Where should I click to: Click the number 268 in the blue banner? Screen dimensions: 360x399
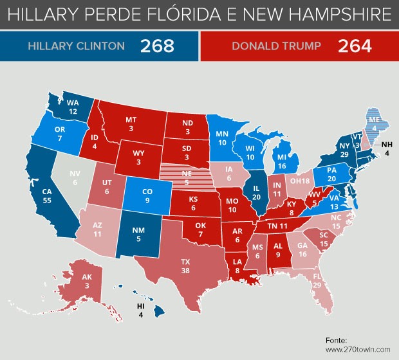point(158,46)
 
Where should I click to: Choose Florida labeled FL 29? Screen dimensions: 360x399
point(316,282)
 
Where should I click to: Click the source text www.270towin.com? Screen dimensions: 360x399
point(358,350)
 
